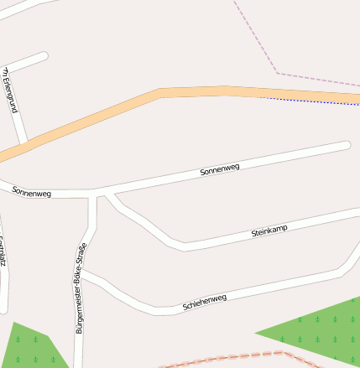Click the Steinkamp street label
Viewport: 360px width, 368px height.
click(x=269, y=231)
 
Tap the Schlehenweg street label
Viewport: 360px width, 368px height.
click(x=205, y=303)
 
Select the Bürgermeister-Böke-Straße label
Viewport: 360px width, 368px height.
click(x=81, y=288)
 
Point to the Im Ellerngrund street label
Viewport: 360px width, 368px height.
click(x=11, y=90)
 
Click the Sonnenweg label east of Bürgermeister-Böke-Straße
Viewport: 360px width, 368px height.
click(x=220, y=169)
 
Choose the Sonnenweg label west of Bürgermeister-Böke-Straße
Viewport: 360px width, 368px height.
click(x=32, y=193)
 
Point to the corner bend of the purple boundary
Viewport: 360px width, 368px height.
click(x=279, y=74)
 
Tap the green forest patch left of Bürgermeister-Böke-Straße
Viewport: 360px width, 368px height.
click(x=34, y=348)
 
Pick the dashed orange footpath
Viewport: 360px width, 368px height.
click(x=235, y=358)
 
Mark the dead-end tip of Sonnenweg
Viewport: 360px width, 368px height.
click(x=346, y=145)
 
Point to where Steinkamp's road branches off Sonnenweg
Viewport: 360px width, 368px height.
click(x=107, y=194)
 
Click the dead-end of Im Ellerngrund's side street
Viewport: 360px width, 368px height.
click(x=43, y=56)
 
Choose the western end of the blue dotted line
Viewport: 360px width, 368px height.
click(x=259, y=97)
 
